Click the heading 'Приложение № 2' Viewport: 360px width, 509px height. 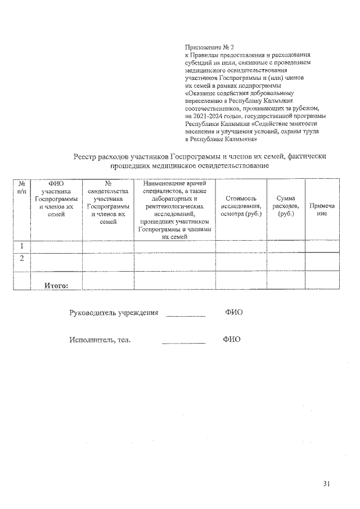point(209,48)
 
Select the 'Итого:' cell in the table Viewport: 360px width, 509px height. point(56,285)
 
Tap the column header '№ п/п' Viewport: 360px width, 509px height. point(21,188)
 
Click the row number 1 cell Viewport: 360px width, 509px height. point(21,246)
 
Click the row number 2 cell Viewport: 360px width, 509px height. point(21,259)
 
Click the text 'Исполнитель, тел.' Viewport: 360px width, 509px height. point(100,340)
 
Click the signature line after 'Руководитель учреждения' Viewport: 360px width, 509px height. point(186,316)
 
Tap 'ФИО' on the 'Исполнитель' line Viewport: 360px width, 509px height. point(231,340)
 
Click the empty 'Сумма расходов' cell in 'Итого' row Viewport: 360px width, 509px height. point(286,280)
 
